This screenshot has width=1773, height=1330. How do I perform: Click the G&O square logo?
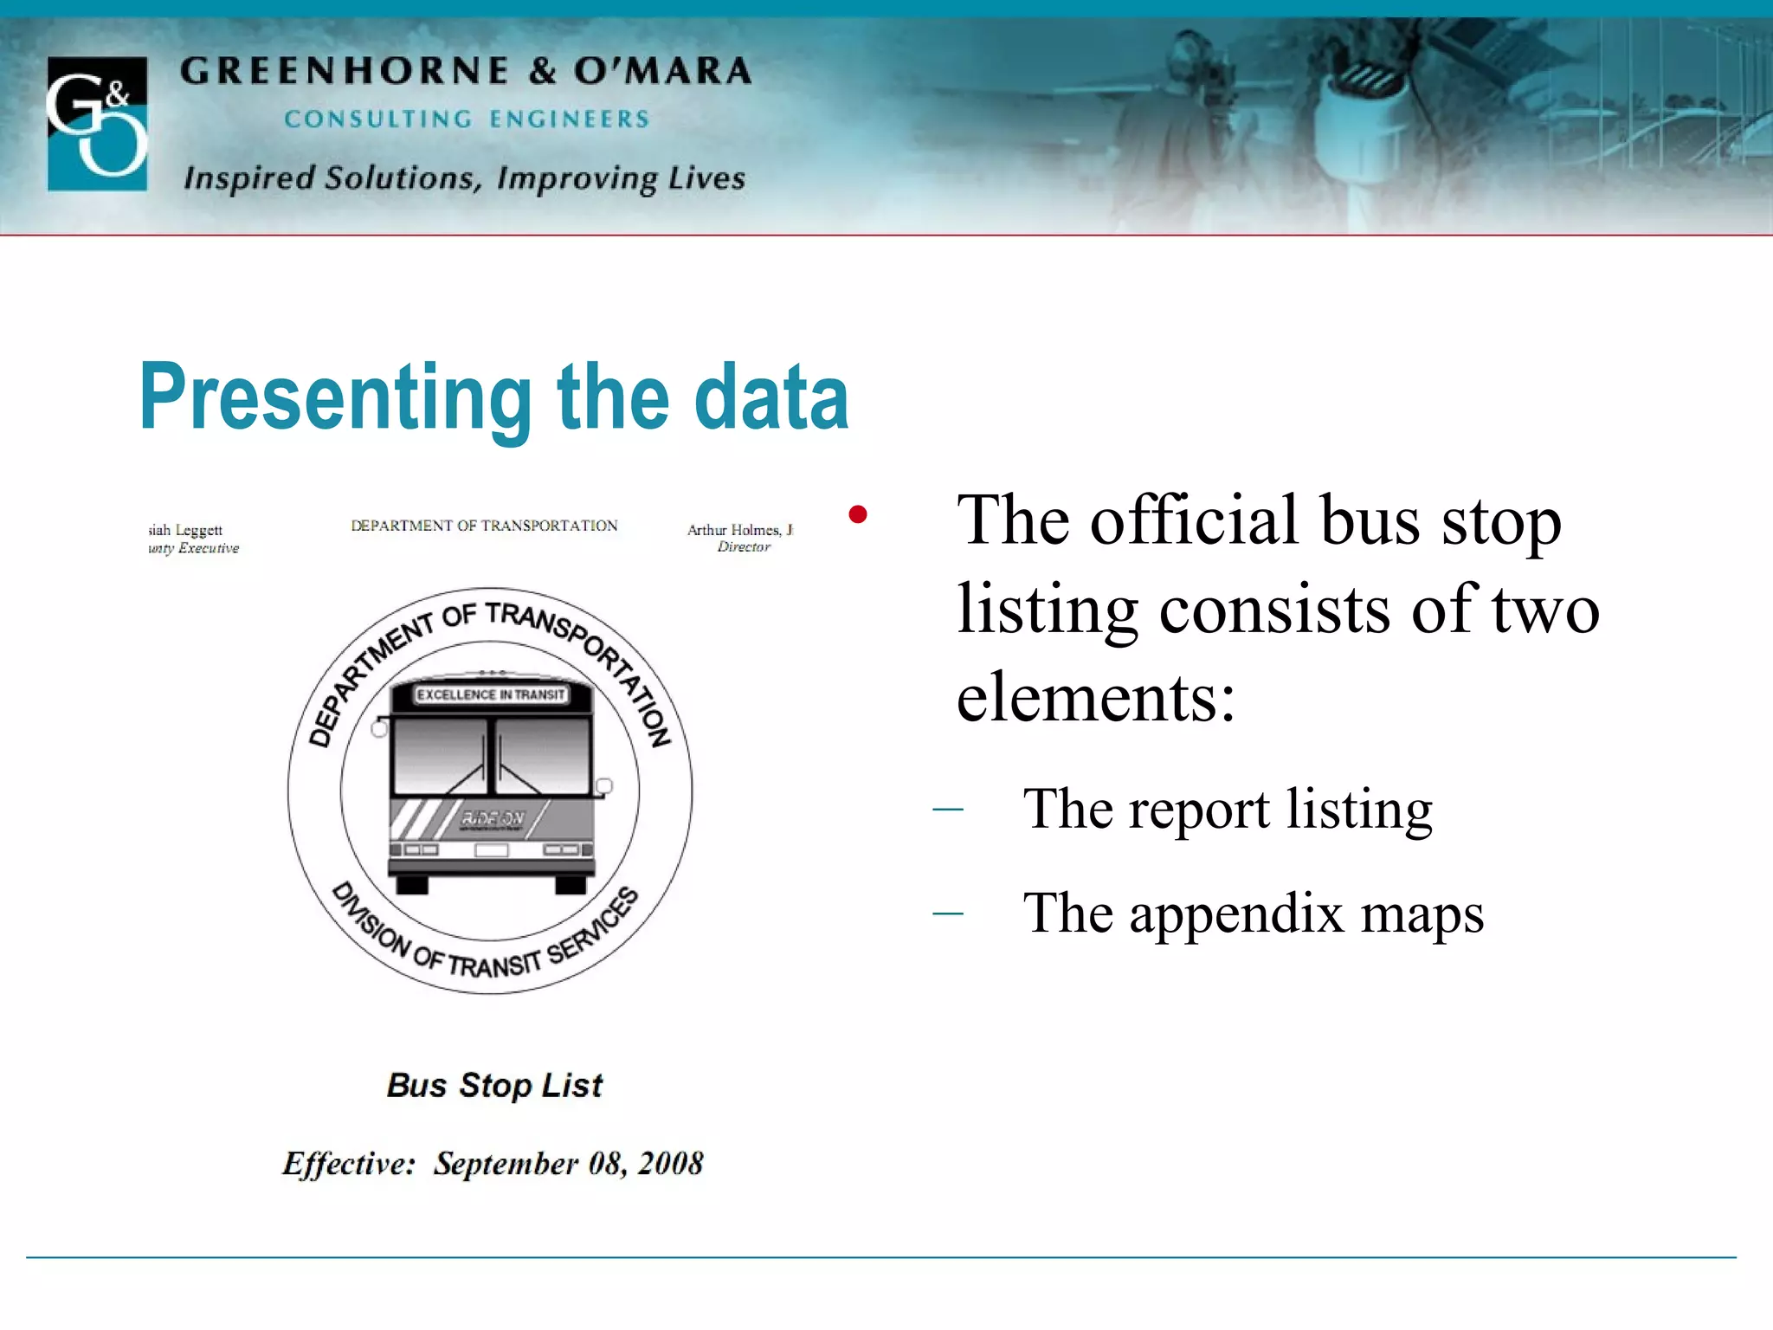[97, 123]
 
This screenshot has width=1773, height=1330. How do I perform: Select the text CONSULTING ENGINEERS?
[467, 119]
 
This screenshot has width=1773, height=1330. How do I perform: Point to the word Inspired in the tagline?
[249, 178]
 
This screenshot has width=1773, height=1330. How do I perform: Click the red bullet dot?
[858, 515]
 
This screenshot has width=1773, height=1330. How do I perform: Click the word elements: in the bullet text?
[1096, 697]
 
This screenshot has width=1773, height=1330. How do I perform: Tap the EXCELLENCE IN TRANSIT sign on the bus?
[491, 694]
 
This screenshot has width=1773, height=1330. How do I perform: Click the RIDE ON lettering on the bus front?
[493, 817]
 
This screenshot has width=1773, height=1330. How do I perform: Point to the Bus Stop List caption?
[494, 1085]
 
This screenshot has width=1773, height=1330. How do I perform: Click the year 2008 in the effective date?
[670, 1163]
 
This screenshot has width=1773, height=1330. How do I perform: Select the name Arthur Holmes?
[733, 530]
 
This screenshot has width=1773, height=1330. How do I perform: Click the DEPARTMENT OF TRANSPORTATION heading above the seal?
[484, 526]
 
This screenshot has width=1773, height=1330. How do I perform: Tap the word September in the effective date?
[506, 1163]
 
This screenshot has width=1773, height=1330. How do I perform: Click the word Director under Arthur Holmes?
[744, 547]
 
